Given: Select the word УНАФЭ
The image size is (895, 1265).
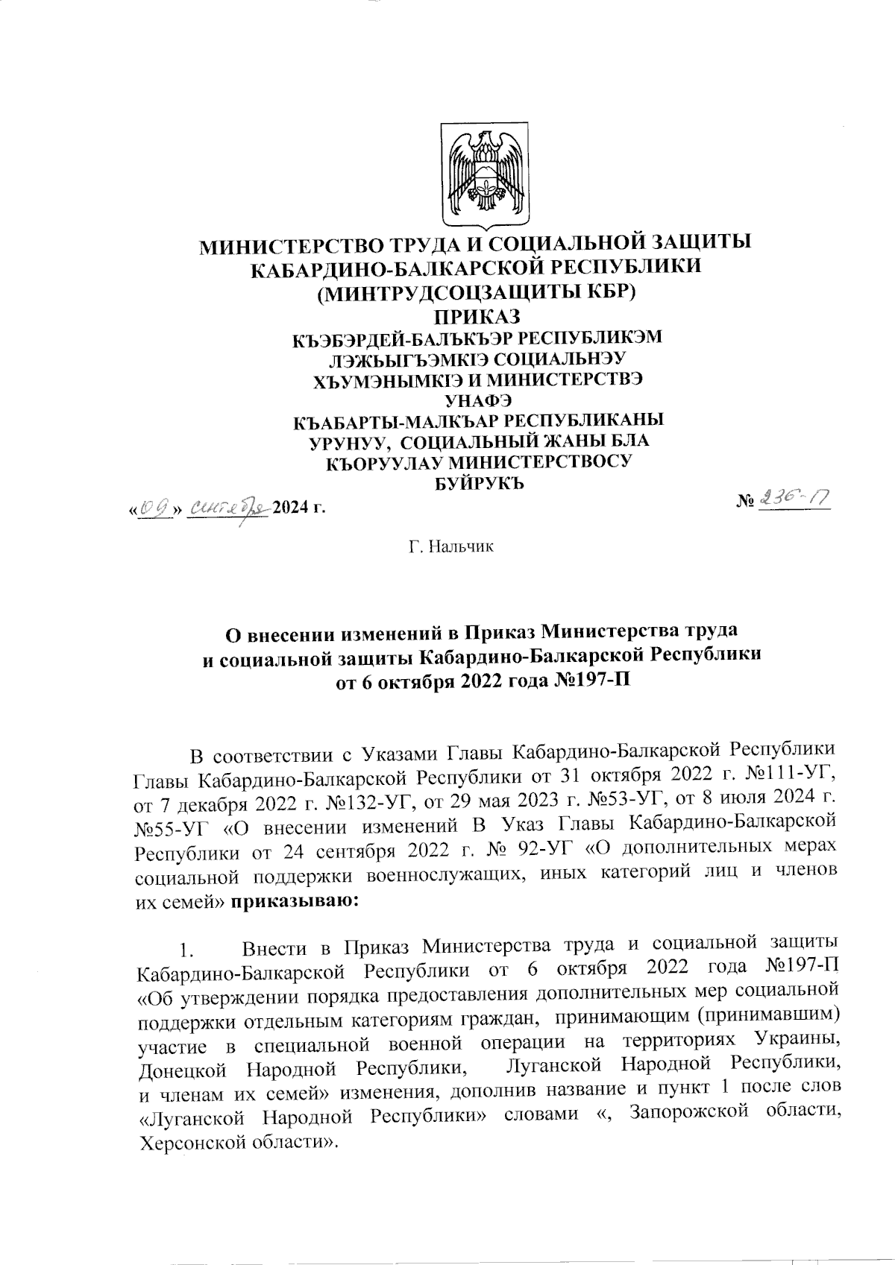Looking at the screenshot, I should (x=478, y=400).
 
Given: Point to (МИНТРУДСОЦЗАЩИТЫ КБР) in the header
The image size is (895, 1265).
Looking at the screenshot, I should (x=477, y=291).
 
